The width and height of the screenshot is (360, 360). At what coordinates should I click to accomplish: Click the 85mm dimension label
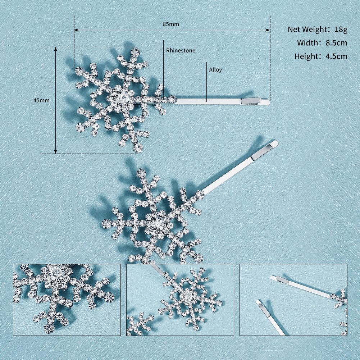(171, 24)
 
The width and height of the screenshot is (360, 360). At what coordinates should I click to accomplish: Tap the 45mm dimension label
(42, 100)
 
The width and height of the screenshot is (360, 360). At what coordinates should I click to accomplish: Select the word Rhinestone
(181, 50)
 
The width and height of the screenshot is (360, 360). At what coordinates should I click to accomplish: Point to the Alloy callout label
(215, 69)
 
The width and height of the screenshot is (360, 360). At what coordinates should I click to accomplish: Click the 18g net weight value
(341, 29)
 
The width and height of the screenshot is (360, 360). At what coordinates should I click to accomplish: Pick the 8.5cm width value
(336, 43)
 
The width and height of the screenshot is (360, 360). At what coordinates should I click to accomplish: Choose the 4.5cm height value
(336, 56)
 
